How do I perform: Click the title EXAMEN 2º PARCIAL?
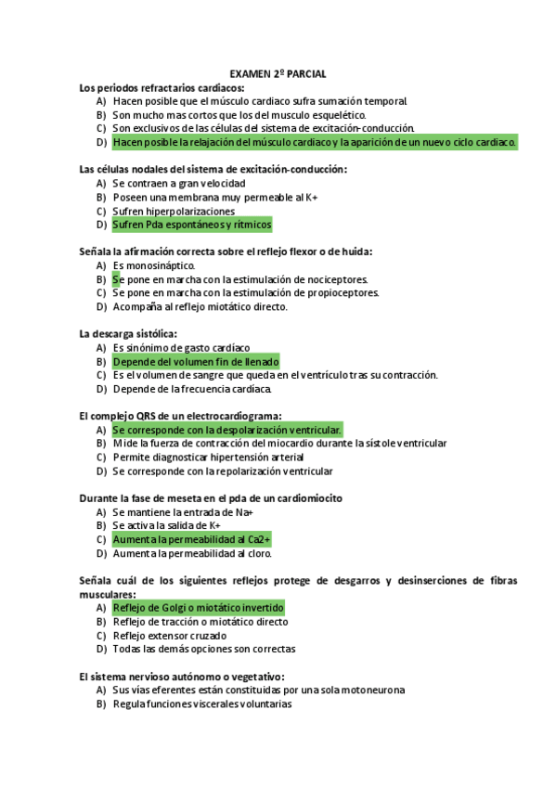pyautogui.click(x=278, y=73)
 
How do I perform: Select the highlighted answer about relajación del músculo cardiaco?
pyautogui.click(x=314, y=142)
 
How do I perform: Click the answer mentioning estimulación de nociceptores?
pyautogui.click(x=240, y=279)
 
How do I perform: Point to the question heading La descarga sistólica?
pyautogui.click(x=128, y=333)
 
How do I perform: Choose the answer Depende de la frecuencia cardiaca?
pyautogui.click(x=205, y=389)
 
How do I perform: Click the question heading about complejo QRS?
pyautogui.click(x=181, y=416)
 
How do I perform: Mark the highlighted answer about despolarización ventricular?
pyautogui.click(x=227, y=430)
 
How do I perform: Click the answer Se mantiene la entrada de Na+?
pyautogui.click(x=183, y=512)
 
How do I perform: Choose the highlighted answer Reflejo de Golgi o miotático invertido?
pyautogui.click(x=198, y=608)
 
